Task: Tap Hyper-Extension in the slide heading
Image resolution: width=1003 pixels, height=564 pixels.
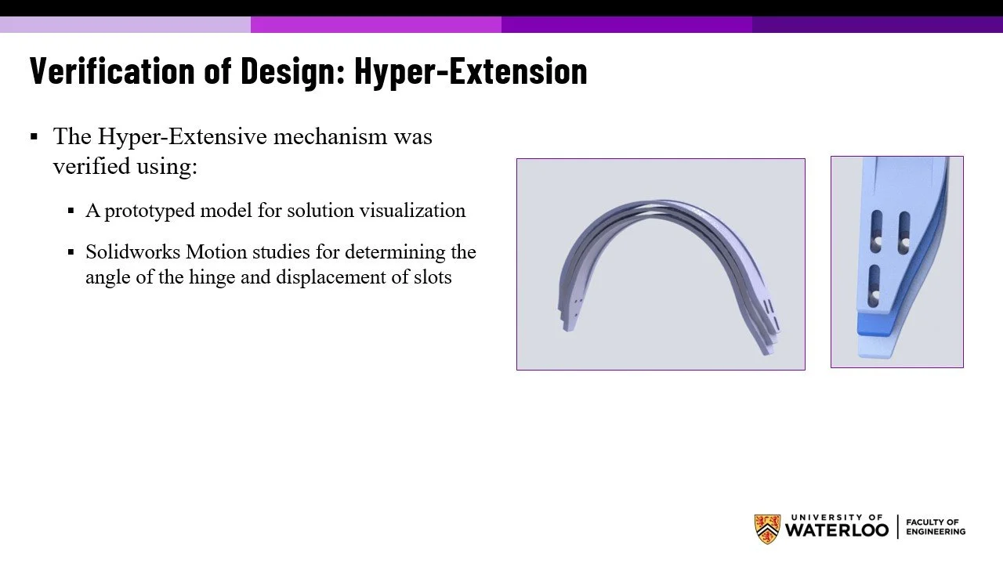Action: pyautogui.click(x=470, y=70)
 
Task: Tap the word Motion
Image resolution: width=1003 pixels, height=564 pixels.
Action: pyautogui.click(x=215, y=252)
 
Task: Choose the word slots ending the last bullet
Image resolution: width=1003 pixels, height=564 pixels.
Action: pyautogui.click(x=433, y=277)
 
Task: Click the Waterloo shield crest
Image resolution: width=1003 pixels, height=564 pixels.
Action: pyautogui.click(x=766, y=529)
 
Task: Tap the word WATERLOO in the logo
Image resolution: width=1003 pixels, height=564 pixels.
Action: pyautogui.click(x=836, y=530)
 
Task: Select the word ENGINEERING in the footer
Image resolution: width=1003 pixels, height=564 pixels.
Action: pyautogui.click(x=936, y=532)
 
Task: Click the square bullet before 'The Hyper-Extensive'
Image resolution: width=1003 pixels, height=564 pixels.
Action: pyautogui.click(x=34, y=137)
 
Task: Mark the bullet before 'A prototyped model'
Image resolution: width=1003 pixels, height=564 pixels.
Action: pyautogui.click(x=71, y=211)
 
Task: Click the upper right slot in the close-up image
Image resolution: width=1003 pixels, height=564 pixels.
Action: pyautogui.click(x=904, y=232)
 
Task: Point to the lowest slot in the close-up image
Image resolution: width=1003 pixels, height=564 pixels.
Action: pyautogui.click(x=875, y=284)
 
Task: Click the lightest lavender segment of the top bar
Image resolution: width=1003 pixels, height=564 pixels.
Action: pyautogui.click(x=125, y=24)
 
